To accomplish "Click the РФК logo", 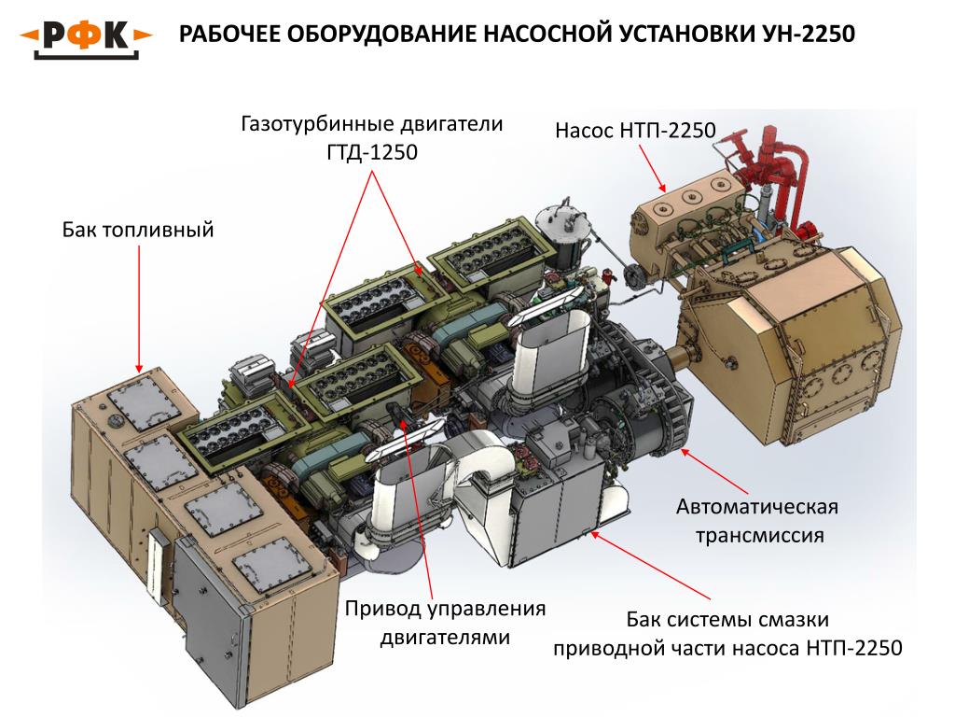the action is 87,36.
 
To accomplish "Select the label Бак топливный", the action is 139,229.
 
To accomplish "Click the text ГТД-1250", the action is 372,151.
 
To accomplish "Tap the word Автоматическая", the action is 756,508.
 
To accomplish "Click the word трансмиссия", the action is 756,536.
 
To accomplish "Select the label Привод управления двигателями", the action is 445,624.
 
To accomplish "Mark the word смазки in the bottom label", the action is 786,619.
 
